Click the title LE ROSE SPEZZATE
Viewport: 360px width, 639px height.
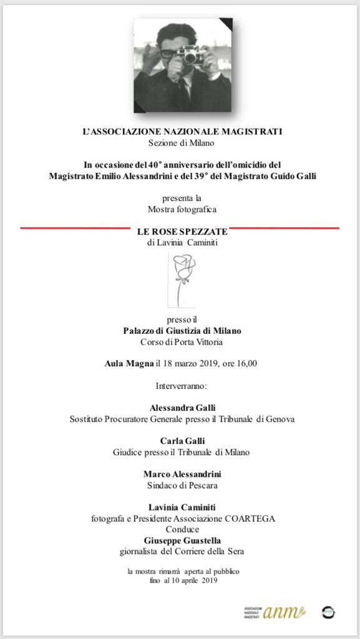(x=182, y=231)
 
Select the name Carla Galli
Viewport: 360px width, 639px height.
(x=182, y=441)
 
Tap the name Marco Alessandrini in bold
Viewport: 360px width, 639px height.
(x=182, y=474)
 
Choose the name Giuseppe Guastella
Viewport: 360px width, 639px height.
(x=182, y=540)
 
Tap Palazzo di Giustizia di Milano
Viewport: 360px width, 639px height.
(x=182, y=331)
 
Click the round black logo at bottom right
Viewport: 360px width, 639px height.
(x=328, y=612)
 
